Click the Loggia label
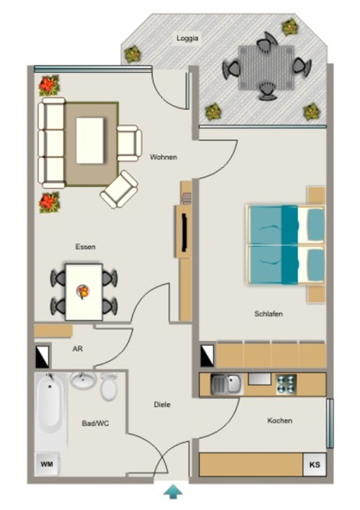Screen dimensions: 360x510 [187, 38]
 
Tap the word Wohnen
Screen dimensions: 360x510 [163, 157]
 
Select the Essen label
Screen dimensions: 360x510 [86, 247]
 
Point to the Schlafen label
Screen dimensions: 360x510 [268, 314]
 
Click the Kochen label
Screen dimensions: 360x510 [280, 420]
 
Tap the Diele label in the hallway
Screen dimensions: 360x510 [162, 404]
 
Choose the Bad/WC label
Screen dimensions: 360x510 [95, 424]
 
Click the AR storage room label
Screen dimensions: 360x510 [78, 349]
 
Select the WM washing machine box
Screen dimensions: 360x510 [46, 464]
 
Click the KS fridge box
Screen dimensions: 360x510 [314, 464]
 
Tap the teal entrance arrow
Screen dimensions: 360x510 [173, 492]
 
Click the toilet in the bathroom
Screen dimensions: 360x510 [109, 387]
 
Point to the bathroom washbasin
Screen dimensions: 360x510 [83, 379]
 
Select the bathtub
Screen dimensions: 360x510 [49, 404]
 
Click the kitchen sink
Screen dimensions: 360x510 [226, 384]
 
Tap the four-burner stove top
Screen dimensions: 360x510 [286, 384]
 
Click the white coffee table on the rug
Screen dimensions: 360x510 [90, 141]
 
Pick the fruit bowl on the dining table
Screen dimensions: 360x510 [83, 291]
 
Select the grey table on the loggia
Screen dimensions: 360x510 [266, 67]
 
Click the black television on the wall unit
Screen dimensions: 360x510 [184, 232]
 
